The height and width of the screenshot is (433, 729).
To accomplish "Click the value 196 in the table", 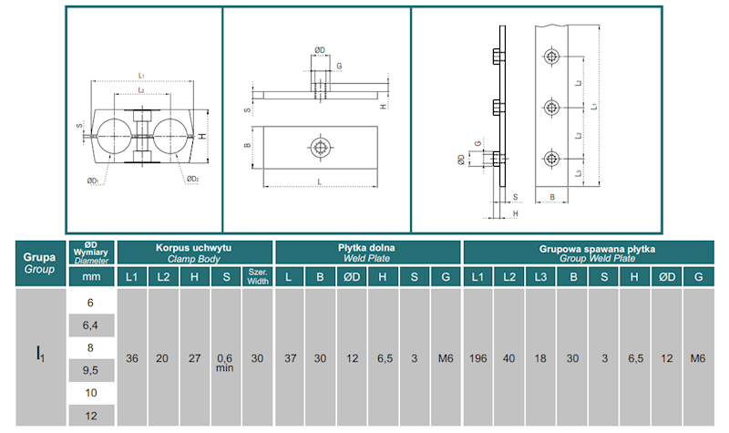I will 477,358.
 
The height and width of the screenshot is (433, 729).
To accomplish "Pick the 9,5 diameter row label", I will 90,369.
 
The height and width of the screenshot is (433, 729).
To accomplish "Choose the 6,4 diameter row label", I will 90,324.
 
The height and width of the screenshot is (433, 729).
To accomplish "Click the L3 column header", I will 542,276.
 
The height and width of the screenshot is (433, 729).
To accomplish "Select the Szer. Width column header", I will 257,276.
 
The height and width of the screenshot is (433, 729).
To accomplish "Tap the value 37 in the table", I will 289,358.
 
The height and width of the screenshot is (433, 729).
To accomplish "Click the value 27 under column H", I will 194,358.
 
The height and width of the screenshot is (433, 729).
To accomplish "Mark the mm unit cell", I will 90,276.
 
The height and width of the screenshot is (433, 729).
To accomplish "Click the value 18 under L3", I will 542,358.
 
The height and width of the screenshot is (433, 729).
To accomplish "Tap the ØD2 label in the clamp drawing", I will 192,179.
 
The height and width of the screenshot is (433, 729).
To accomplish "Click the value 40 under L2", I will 510,358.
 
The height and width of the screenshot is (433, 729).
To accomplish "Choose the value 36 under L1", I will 132,358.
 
